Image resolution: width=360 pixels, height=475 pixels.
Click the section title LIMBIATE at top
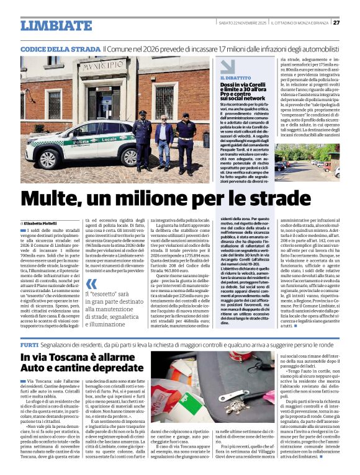click(56, 25)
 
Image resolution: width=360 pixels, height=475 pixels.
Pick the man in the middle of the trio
click(163, 140)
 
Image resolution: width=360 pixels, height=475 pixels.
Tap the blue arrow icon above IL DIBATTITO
click(227, 66)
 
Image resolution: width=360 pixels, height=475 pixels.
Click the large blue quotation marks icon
click(91, 291)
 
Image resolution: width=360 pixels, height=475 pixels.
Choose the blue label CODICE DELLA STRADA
click(60, 47)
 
